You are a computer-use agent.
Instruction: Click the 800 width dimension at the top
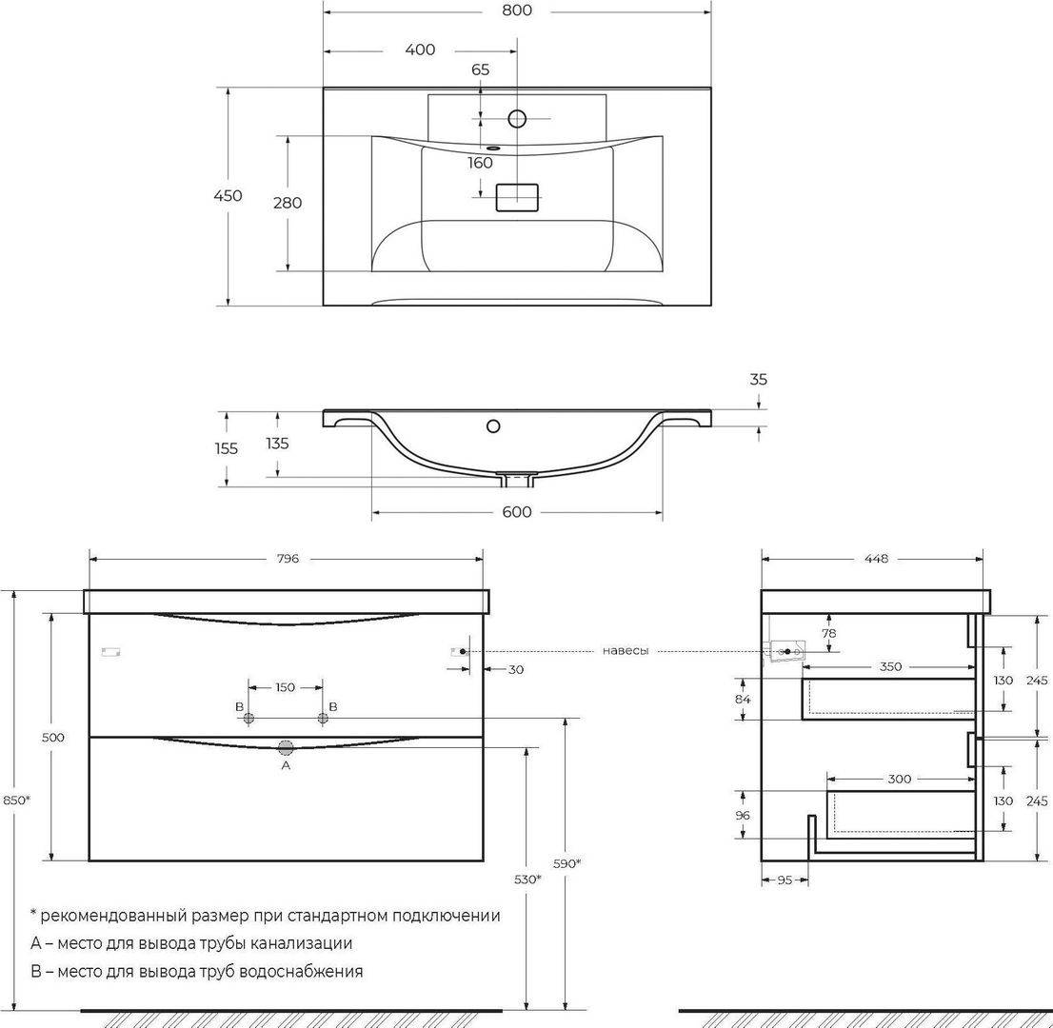pos(516,10)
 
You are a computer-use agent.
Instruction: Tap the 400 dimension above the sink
pos(421,49)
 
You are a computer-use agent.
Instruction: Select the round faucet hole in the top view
pos(517,118)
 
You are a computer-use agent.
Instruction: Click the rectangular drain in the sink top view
pos(517,197)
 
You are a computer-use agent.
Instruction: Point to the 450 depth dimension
pos(228,195)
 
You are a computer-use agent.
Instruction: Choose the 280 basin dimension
pos(288,202)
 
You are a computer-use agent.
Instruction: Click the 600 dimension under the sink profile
pos(516,512)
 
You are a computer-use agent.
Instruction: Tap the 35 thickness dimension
pos(758,380)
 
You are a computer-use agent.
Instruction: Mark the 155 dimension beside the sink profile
pos(227,448)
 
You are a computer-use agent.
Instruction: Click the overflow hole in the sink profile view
pos(493,425)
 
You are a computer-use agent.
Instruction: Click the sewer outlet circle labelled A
pos(286,747)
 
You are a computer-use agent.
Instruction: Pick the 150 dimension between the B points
pos(286,687)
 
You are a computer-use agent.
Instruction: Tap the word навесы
pos(626,651)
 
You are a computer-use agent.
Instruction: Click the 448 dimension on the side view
pos(876,559)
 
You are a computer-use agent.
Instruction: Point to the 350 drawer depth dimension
pos(890,666)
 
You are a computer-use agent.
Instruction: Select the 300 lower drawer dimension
pos(899,779)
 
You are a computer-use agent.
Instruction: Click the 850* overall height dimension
pos(17,800)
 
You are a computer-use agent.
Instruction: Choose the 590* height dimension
pos(566,863)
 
